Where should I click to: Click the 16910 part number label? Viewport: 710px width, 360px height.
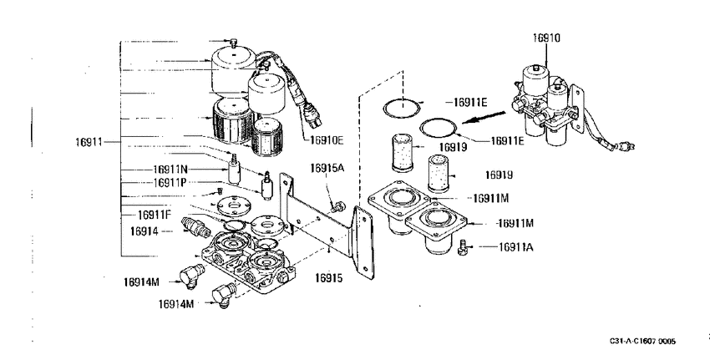546,38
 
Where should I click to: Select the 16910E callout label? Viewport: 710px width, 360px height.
327,140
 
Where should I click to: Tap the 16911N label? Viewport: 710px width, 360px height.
170,170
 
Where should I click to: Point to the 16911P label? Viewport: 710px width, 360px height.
170,182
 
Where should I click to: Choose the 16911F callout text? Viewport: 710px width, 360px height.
155,215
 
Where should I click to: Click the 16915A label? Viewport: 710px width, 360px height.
327,168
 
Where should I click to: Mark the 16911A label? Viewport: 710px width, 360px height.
515,246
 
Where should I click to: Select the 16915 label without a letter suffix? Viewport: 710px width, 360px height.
329,278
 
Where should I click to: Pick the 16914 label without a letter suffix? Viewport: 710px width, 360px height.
144,231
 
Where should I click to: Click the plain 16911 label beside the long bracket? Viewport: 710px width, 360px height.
89,142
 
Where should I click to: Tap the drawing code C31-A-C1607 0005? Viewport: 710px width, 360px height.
642,341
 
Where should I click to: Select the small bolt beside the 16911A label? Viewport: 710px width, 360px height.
462,248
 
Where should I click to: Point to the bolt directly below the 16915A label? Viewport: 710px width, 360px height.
337,207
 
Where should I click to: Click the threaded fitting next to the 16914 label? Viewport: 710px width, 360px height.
195,226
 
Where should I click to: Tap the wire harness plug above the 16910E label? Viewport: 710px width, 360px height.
313,115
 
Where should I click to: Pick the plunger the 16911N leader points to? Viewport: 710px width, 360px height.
234,169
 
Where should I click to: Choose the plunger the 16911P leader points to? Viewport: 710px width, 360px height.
267,185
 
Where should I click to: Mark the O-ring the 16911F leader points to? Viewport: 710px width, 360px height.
236,224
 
